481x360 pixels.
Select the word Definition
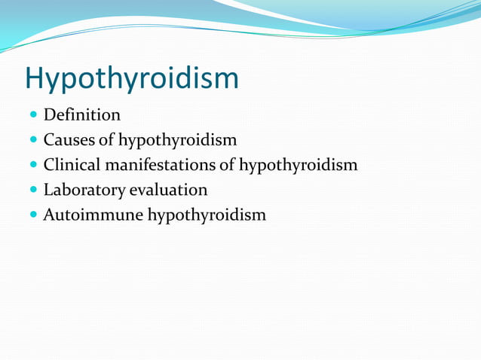coord(81,115)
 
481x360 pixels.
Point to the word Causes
coord(69,140)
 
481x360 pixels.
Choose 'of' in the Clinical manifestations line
coord(228,165)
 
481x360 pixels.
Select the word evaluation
coord(170,190)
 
